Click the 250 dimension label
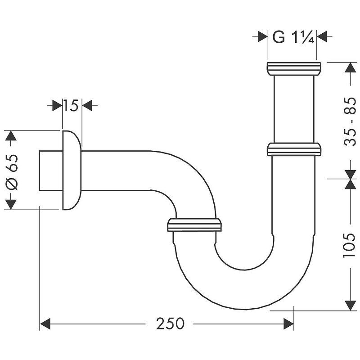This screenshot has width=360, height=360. coord(170,323)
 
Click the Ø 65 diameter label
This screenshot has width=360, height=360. coord(12,171)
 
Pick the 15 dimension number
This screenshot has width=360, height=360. coord(71,106)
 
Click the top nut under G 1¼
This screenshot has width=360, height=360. coord(294,69)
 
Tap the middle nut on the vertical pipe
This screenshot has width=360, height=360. coord(294,149)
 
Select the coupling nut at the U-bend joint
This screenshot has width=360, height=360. coord(194,225)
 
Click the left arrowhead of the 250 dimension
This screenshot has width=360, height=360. coord(45,324)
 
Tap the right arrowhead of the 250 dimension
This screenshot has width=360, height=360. coord(288,324)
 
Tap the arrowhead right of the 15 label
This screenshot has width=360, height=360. coord(87,106)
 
